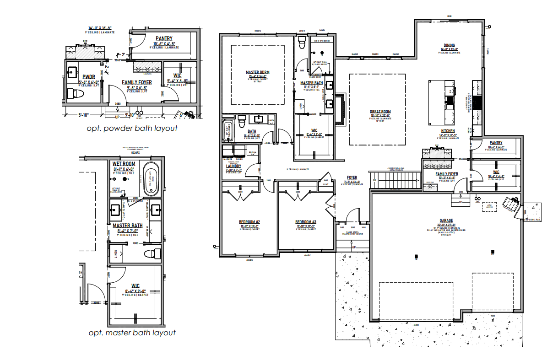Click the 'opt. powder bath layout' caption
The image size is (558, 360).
132,129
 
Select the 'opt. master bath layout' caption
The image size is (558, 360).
132,333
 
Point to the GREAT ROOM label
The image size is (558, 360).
380,112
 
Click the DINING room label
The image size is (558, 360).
450,46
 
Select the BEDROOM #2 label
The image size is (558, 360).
249,222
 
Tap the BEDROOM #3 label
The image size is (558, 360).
305,222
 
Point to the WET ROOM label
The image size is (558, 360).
124,163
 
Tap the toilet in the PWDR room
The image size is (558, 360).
76,94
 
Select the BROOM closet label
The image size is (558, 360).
252,152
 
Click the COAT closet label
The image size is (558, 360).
325,185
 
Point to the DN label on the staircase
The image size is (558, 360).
374,180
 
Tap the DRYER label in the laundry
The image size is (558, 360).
239,159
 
